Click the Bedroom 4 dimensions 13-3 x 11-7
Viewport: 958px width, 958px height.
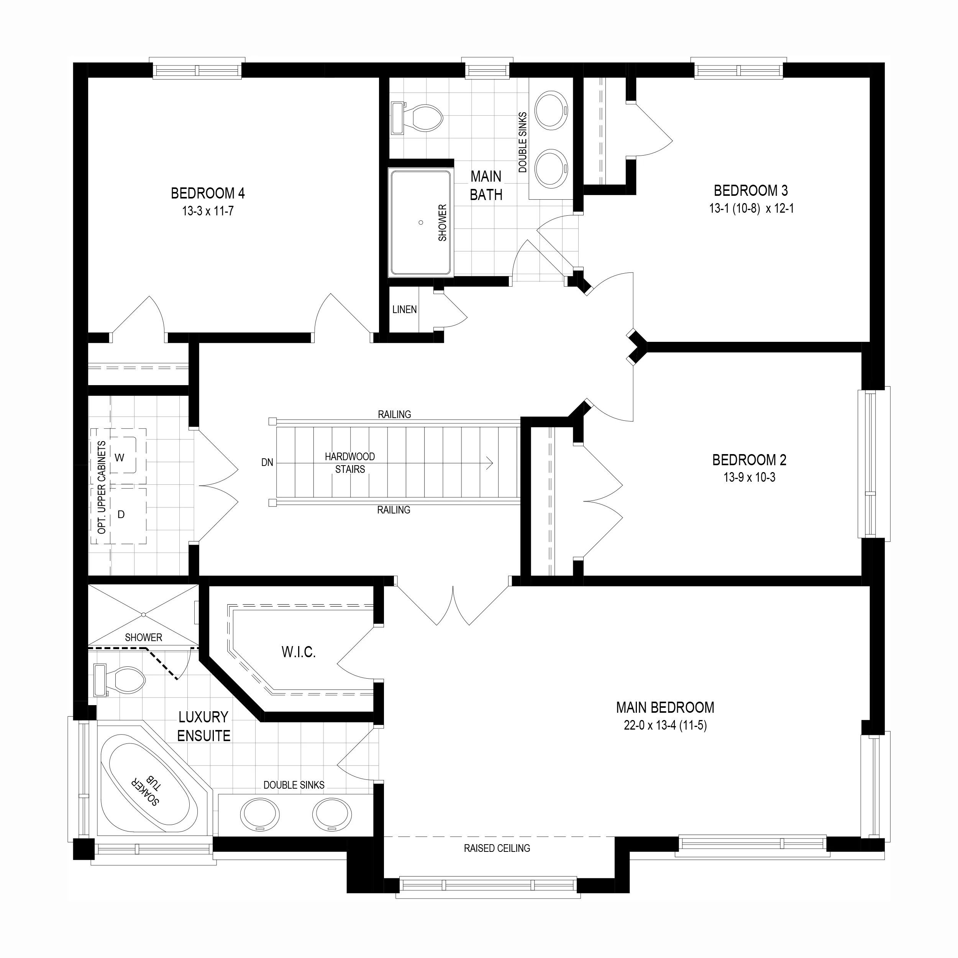pyautogui.click(x=208, y=211)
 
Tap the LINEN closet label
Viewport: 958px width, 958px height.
pyautogui.click(x=405, y=309)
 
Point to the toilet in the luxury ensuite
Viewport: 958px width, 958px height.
pyautogui.click(x=119, y=680)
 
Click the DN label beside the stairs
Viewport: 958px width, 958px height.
pyautogui.click(x=267, y=463)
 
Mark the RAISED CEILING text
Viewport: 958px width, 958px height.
pyautogui.click(x=497, y=848)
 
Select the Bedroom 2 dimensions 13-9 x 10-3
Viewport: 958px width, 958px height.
pyautogui.click(x=749, y=477)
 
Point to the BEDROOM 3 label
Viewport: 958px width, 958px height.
pyautogui.click(x=751, y=190)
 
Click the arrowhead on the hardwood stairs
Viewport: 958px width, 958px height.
pyautogui.click(x=490, y=463)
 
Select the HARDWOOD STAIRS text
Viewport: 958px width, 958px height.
pyautogui.click(x=350, y=463)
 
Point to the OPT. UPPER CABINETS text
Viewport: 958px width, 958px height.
pyautogui.click(x=102, y=487)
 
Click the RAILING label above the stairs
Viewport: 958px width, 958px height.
pyautogui.click(x=395, y=414)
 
